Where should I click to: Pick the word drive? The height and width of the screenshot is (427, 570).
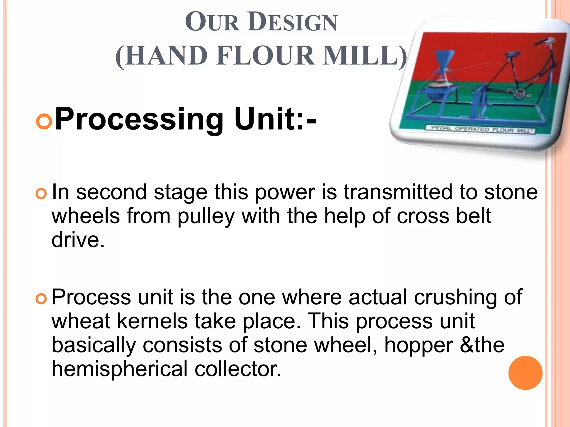click(x=78, y=240)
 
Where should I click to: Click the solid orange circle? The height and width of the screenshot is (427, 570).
click(x=525, y=373)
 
